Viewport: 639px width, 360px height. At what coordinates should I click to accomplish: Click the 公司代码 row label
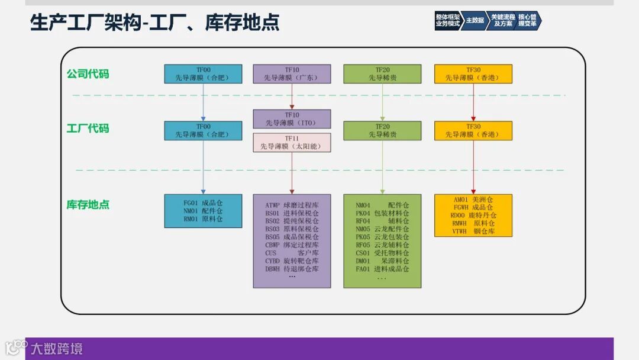coord(88,74)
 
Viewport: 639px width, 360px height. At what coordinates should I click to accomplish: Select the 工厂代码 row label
coord(88,128)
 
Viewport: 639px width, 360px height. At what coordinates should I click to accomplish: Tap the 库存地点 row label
coord(88,205)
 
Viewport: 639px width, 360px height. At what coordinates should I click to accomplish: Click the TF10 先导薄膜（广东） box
coord(292,73)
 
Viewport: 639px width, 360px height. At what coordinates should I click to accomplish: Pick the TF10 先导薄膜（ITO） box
coord(292,119)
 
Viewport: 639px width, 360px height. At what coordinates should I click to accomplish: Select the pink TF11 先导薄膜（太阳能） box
coord(292,142)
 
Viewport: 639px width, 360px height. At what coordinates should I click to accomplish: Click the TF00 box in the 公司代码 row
coord(203,73)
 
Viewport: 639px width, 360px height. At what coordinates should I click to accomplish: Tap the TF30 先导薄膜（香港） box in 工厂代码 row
coord(473,130)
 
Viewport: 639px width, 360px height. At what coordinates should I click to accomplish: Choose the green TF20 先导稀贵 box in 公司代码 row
coord(382,73)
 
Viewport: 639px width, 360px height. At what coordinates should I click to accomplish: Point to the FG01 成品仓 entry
coord(203,202)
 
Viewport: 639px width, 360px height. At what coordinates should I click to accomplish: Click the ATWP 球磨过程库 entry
coord(292,205)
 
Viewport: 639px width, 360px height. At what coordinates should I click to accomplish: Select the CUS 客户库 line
coord(292,253)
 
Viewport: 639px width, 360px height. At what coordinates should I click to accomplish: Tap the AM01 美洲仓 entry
coord(473,200)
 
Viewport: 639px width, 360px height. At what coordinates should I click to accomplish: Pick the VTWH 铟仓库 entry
coord(473,232)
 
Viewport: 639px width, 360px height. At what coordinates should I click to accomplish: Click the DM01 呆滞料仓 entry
coord(382,261)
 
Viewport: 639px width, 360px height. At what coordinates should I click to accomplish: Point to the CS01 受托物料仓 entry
coord(382,253)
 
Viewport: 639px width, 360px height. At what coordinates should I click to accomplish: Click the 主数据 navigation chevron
coord(475,20)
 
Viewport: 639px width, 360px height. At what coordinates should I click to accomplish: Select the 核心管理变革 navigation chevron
coord(528,20)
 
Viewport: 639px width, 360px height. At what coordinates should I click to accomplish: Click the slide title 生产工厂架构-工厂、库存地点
coord(155,22)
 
